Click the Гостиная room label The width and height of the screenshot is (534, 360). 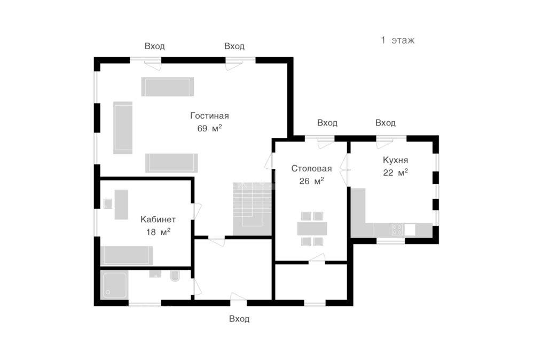[209, 116]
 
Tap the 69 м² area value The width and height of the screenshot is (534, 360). [209, 128]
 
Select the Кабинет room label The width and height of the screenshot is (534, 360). [158, 220]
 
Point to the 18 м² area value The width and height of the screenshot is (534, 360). [158, 232]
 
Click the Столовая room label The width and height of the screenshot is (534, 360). [311, 169]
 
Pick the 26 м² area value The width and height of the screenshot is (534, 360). [311, 181]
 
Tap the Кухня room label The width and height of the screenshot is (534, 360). [395, 160]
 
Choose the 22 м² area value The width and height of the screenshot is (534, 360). [395, 173]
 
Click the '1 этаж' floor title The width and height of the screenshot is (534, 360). [397, 40]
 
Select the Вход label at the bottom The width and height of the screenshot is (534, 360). [239, 319]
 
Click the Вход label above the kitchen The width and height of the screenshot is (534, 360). [385, 123]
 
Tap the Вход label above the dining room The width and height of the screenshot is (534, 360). [327, 123]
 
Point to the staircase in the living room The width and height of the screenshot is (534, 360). [252, 209]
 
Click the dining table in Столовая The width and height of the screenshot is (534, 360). [312, 229]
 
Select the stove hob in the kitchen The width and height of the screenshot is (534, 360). [397, 229]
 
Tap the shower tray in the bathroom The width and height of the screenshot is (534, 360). [114, 285]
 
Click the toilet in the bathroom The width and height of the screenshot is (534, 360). [175, 276]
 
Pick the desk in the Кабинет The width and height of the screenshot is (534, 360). [121, 205]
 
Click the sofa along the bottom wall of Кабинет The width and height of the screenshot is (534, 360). [127, 255]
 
